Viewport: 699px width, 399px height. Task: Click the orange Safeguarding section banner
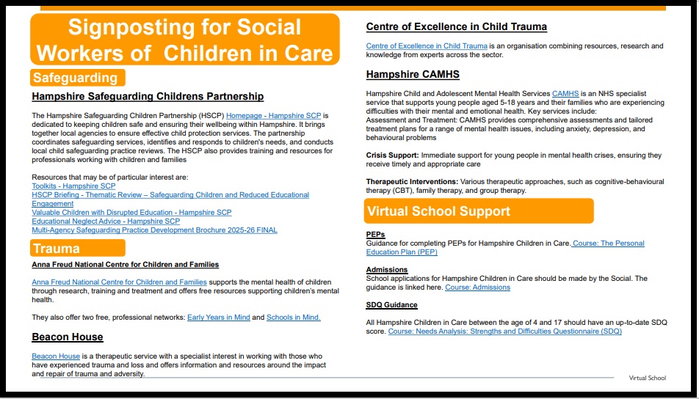tap(77, 78)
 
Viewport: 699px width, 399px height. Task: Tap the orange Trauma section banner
tap(77, 249)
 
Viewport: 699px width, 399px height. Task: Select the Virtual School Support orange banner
tap(479, 211)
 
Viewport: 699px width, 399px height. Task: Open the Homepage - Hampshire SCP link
tap(274, 116)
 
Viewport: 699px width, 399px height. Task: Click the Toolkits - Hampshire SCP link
tap(73, 186)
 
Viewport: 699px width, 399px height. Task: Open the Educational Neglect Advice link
tap(106, 221)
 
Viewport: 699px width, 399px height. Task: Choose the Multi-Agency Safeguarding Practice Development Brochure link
tap(154, 230)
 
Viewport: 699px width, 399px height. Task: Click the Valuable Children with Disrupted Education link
tap(131, 213)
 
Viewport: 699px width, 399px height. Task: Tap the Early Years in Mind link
tap(218, 318)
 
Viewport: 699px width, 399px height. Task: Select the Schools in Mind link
tap(293, 318)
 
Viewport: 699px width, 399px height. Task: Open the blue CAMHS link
tap(565, 94)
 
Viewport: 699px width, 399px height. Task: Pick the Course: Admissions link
tap(477, 288)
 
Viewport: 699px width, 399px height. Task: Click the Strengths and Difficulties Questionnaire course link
tap(504, 332)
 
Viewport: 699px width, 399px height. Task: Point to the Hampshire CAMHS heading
tap(413, 74)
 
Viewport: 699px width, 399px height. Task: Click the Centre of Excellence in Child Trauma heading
tap(456, 27)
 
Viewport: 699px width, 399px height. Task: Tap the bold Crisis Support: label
tap(392, 155)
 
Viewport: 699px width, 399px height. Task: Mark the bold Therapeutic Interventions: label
tap(412, 181)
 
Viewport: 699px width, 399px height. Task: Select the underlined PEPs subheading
tap(375, 235)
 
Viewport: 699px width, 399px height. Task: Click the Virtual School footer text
tap(647, 378)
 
